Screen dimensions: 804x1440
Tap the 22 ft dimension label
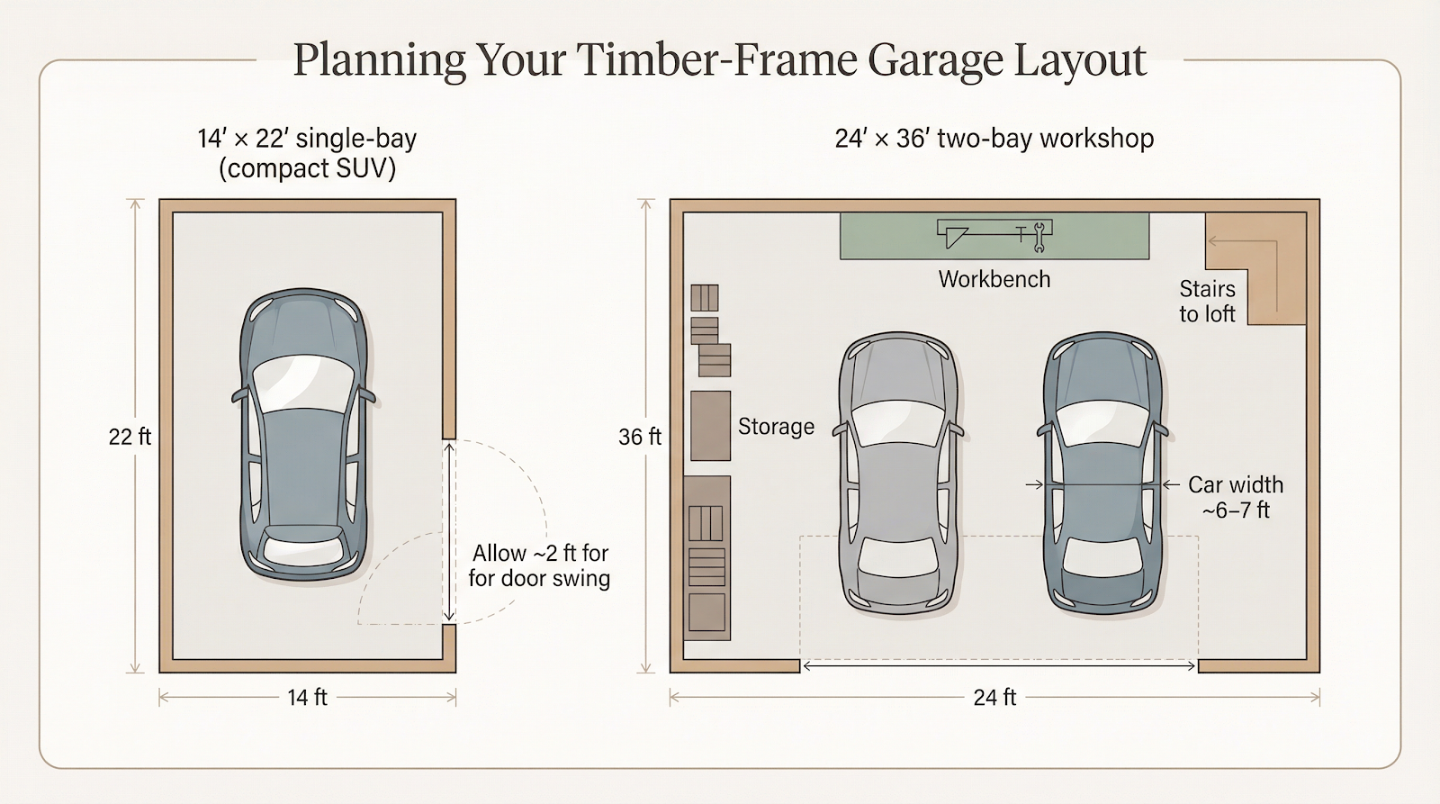(130, 437)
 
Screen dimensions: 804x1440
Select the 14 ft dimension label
(307, 697)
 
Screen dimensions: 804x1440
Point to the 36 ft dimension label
(639, 437)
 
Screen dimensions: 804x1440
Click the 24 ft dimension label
(994, 697)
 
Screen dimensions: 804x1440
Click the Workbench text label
(994, 279)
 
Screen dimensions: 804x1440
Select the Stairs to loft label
(1207, 301)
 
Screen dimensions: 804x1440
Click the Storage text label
(776, 426)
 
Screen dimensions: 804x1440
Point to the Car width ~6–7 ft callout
(1235, 497)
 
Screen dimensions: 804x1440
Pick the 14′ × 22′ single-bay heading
(307, 152)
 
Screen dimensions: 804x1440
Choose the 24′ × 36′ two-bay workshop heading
(994, 139)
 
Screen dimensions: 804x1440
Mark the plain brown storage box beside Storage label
(710, 426)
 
